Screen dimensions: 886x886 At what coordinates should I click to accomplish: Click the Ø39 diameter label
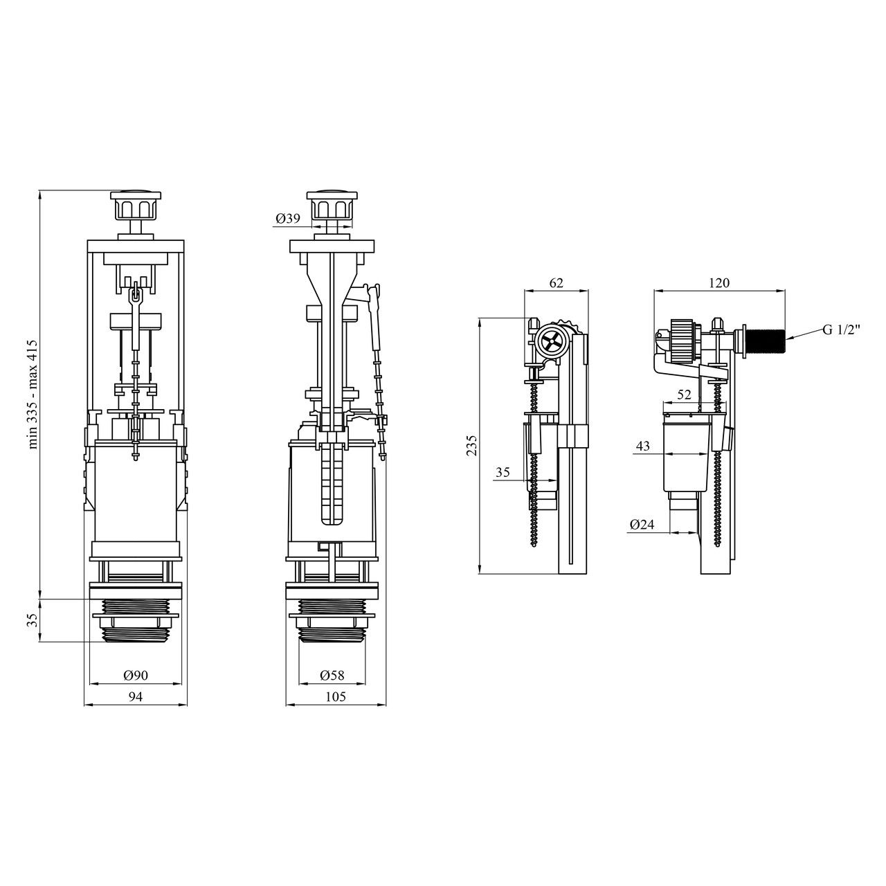point(288,219)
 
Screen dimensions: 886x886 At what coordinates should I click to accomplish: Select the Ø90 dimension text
point(136,676)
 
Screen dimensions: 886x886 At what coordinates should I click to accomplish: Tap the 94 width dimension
point(135,696)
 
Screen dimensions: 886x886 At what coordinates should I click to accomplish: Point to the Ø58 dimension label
point(332,676)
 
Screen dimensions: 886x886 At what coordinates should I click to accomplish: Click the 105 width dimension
point(335,696)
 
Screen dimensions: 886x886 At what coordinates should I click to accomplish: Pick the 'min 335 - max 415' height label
point(33,394)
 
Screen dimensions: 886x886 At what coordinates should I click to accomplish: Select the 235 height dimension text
point(472,445)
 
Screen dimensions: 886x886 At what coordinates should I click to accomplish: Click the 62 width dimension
point(556,283)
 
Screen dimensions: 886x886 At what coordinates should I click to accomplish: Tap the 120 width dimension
point(719,283)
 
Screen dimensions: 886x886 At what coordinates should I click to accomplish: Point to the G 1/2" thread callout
point(842,330)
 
